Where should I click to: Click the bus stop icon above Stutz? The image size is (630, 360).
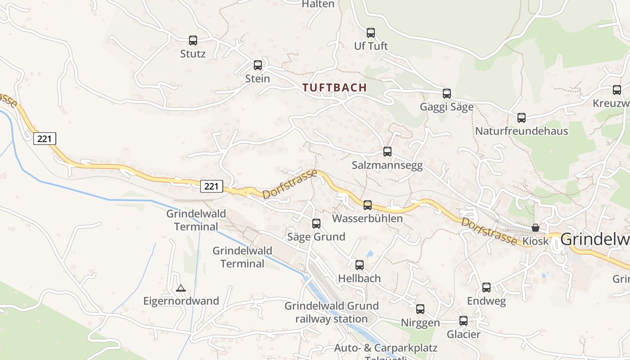(x=193, y=40)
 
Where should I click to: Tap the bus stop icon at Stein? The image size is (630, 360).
(x=258, y=65)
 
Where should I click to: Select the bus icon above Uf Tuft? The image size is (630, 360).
(x=371, y=33)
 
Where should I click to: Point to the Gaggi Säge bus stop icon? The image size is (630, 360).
(x=447, y=94)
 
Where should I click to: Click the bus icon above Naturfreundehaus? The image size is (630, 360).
(x=522, y=118)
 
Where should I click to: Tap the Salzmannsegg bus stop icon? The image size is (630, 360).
(x=387, y=152)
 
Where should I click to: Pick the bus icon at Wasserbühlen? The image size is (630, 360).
(x=368, y=205)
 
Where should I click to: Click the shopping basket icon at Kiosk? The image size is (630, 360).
(x=535, y=228)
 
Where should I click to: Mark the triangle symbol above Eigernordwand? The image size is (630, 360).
(x=181, y=288)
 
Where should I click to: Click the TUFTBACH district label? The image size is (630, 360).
(x=334, y=88)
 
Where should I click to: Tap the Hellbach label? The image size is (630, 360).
(x=359, y=279)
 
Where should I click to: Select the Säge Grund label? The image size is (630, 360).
(x=316, y=237)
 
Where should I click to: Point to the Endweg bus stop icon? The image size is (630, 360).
(x=486, y=288)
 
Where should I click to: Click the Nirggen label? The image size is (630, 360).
(x=420, y=323)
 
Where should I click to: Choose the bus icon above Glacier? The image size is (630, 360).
(x=463, y=321)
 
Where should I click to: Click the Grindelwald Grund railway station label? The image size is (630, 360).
(x=332, y=312)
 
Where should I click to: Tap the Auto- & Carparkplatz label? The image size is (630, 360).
(x=386, y=348)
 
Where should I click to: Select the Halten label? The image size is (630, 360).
(x=318, y=4)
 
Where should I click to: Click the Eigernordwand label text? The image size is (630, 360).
(x=181, y=301)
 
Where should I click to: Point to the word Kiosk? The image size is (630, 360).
(x=536, y=241)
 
